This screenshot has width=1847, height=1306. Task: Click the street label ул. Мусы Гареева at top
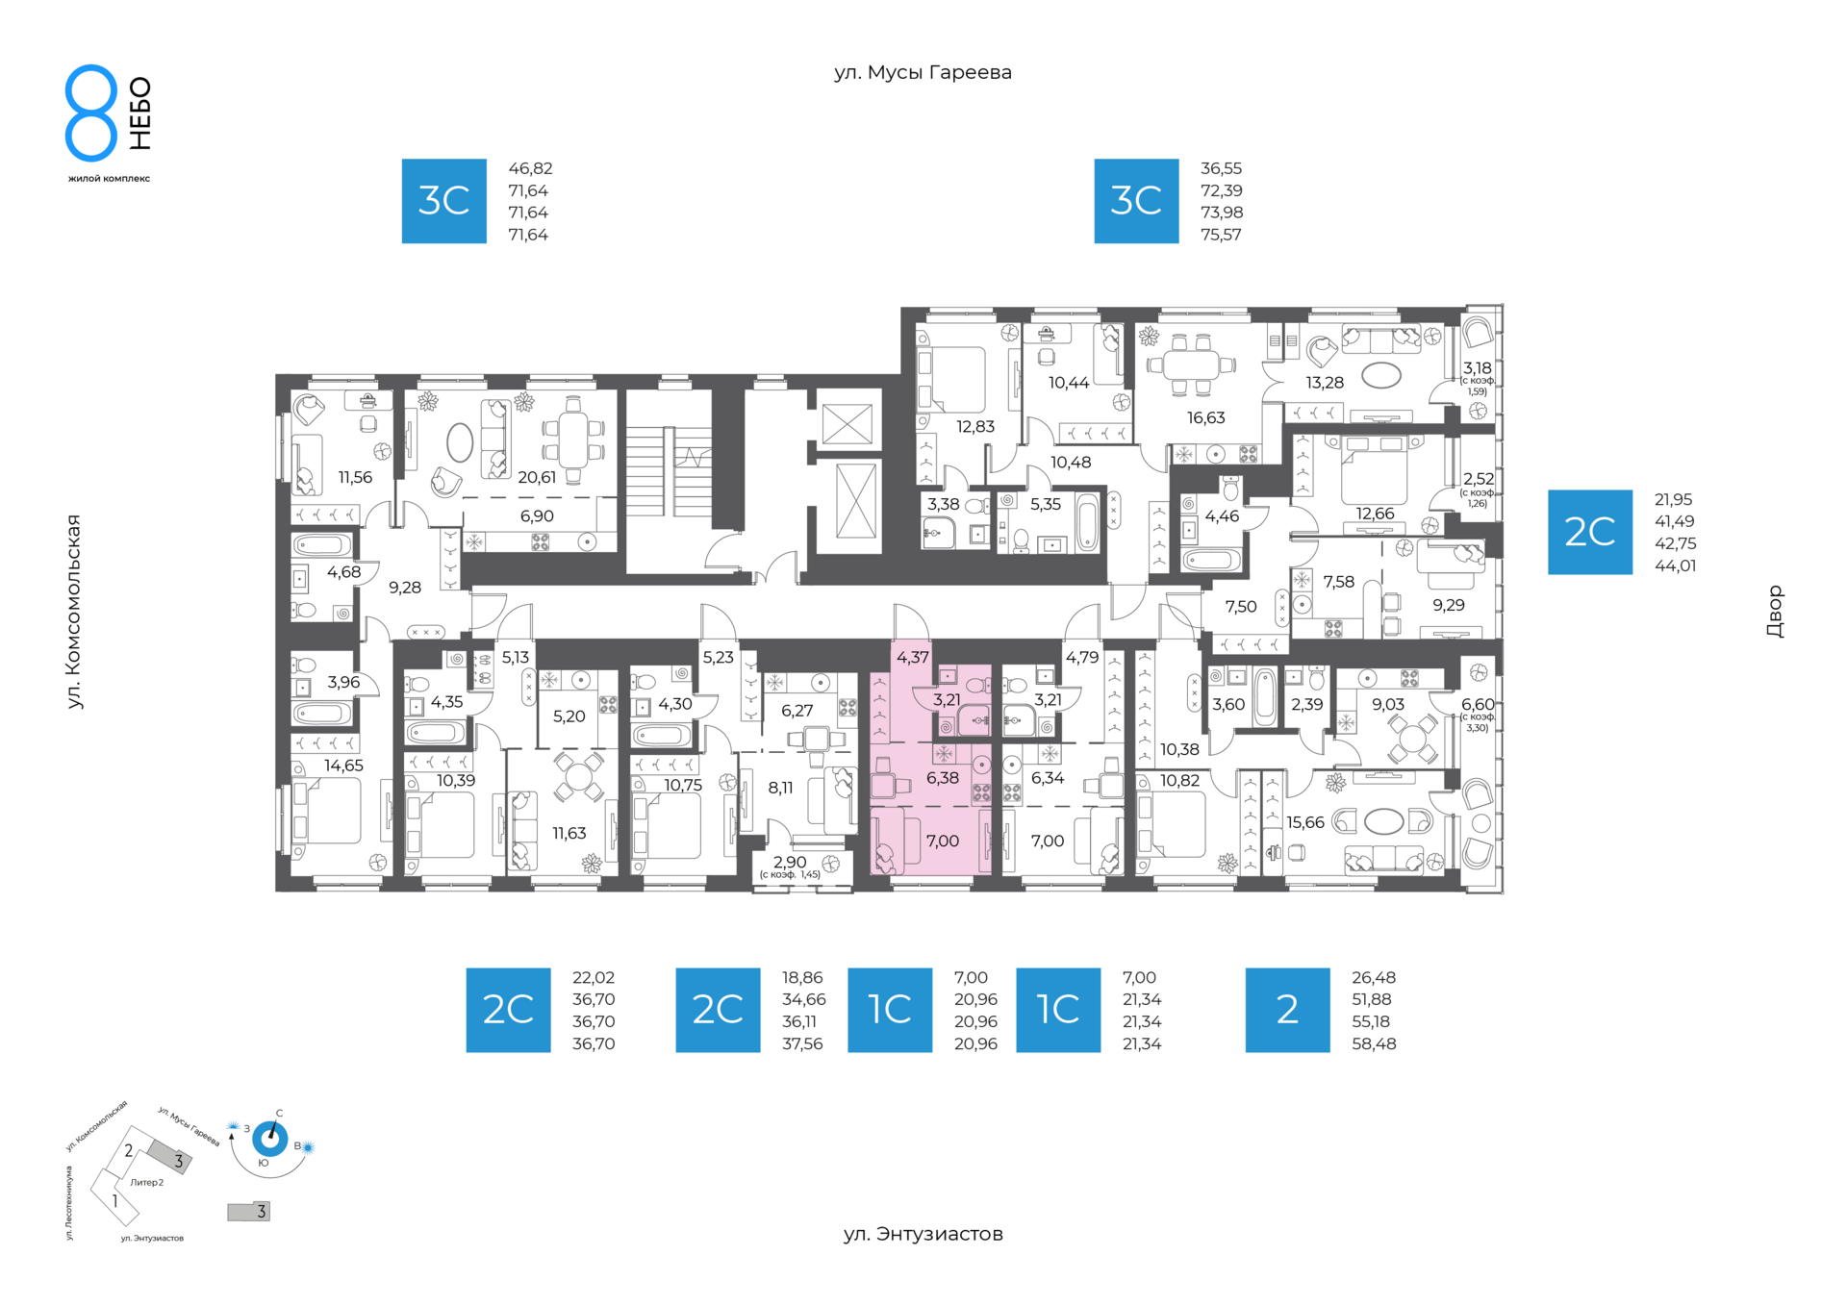923,72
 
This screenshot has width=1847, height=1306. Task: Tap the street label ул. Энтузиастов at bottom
923,1234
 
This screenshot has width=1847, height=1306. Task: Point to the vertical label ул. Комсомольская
73,612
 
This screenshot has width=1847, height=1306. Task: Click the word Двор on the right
1775,612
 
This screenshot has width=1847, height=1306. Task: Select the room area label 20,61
537,477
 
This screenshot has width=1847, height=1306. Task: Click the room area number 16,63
1205,417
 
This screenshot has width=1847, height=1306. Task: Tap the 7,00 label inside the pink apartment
942,841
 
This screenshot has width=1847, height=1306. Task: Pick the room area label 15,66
1305,822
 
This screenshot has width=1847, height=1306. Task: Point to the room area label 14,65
343,766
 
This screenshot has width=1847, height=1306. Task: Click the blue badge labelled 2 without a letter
1287,1010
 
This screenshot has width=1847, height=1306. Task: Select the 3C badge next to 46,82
443,201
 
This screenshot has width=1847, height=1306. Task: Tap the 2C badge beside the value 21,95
1589,532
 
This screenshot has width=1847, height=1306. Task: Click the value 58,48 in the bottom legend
1374,1043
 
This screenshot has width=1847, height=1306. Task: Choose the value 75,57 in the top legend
1221,235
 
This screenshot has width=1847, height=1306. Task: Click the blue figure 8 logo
91,113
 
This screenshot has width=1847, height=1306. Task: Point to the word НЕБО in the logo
140,113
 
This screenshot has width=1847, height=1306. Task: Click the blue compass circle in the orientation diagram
269,1140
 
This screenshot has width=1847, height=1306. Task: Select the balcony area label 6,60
1478,705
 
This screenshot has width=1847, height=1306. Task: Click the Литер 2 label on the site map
147,1182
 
